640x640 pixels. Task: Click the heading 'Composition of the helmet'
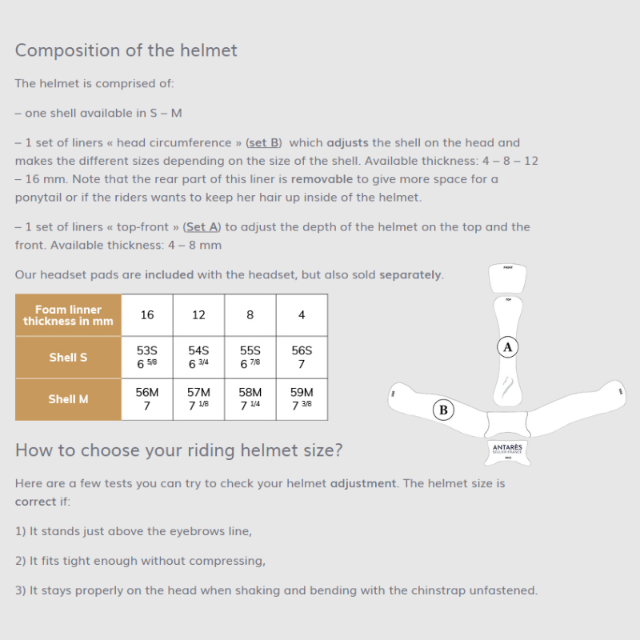coord(126,50)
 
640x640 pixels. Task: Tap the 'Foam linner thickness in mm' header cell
coord(68,315)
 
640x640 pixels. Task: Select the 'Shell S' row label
coord(68,357)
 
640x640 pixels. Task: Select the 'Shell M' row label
coord(68,398)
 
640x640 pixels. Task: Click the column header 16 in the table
coord(147,315)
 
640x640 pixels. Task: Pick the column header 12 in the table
coord(198,315)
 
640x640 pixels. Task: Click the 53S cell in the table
coord(147,357)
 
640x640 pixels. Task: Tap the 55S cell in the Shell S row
coord(250,357)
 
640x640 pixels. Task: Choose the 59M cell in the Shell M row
coord(302,398)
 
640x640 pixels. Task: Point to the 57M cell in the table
coord(198,398)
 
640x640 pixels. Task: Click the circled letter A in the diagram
coord(507,346)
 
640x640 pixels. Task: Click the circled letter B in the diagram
coord(443,410)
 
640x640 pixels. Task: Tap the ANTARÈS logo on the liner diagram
coord(508,450)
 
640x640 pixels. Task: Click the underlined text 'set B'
coord(263,142)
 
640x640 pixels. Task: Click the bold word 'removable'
coord(322,178)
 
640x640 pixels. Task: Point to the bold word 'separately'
coord(410,274)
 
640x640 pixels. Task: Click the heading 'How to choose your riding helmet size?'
coord(178,450)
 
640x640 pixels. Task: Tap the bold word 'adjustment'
coord(362,483)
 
